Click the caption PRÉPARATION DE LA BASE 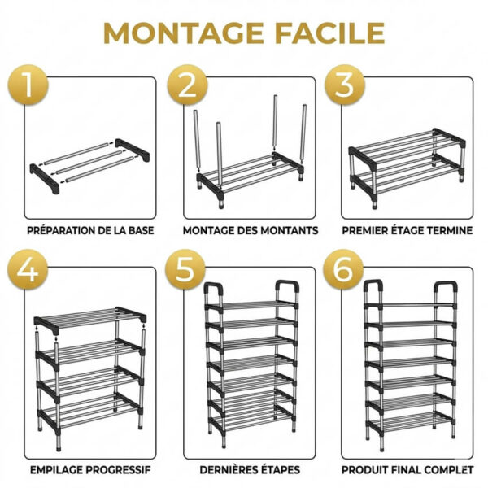click(90, 230)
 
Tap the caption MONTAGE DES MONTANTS click(250, 230)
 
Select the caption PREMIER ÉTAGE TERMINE click(407, 230)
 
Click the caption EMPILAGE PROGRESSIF click(89, 469)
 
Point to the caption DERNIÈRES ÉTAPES click(249, 469)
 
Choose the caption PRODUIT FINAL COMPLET click(407, 469)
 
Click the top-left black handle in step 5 click(214, 291)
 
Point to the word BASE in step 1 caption click(140, 230)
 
